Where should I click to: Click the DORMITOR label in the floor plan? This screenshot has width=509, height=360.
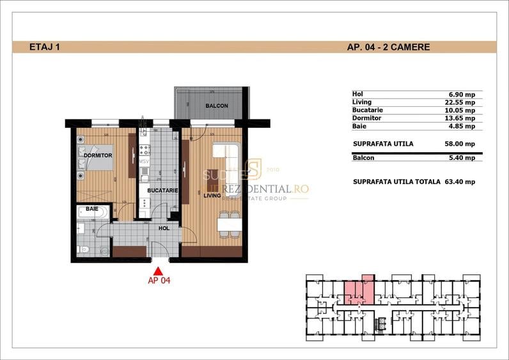(97, 155)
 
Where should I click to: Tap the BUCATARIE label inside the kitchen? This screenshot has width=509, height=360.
(162, 191)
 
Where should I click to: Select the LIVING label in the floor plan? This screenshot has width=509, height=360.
(212, 196)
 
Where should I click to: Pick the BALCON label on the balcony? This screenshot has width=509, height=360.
(216, 106)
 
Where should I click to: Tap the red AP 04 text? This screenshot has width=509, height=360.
(159, 279)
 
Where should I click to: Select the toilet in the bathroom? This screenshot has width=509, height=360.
(82, 248)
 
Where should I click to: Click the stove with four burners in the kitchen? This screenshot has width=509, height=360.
(145, 151)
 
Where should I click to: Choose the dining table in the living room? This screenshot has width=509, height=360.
(226, 224)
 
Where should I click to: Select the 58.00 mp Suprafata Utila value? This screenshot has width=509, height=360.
(460, 144)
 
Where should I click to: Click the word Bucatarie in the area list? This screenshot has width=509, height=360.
(368, 110)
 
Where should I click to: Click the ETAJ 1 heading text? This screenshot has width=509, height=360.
(45, 47)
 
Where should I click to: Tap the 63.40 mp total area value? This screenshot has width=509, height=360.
(460, 182)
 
